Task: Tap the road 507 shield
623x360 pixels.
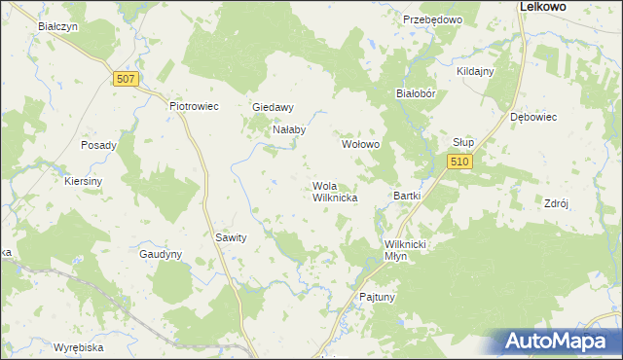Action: click(124, 79)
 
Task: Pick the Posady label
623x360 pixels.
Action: click(99, 146)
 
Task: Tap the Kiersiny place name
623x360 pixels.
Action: click(84, 181)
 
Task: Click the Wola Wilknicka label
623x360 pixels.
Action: click(335, 192)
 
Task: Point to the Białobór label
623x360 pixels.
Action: click(421, 94)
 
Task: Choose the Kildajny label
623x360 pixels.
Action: click(476, 72)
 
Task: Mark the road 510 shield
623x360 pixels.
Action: click(460, 162)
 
